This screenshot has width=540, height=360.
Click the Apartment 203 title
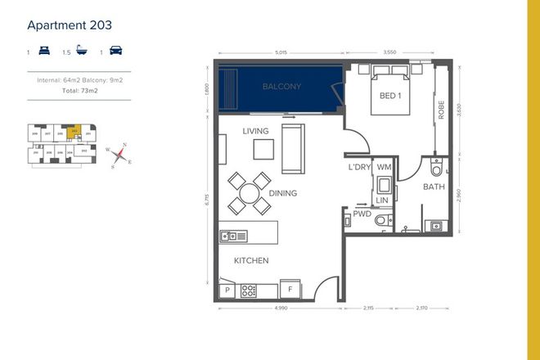click(x=69, y=25)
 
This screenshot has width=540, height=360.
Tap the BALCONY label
click(x=281, y=87)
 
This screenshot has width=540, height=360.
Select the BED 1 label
click(x=389, y=97)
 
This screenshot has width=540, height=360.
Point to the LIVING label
click(x=256, y=131)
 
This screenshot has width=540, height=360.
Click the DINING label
click(x=281, y=193)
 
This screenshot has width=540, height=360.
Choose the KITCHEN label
click(x=251, y=260)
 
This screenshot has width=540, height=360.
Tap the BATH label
click(x=434, y=187)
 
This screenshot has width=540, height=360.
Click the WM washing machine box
click(x=383, y=166)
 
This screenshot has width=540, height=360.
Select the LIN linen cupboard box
click(x=382, y=199)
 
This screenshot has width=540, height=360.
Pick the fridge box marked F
click(x=288, y=289)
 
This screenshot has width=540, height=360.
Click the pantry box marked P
click(x=227, y=290)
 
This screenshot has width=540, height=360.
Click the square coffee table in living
click(x=263, y=149)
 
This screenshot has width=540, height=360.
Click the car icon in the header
click(x=116, y=52)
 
